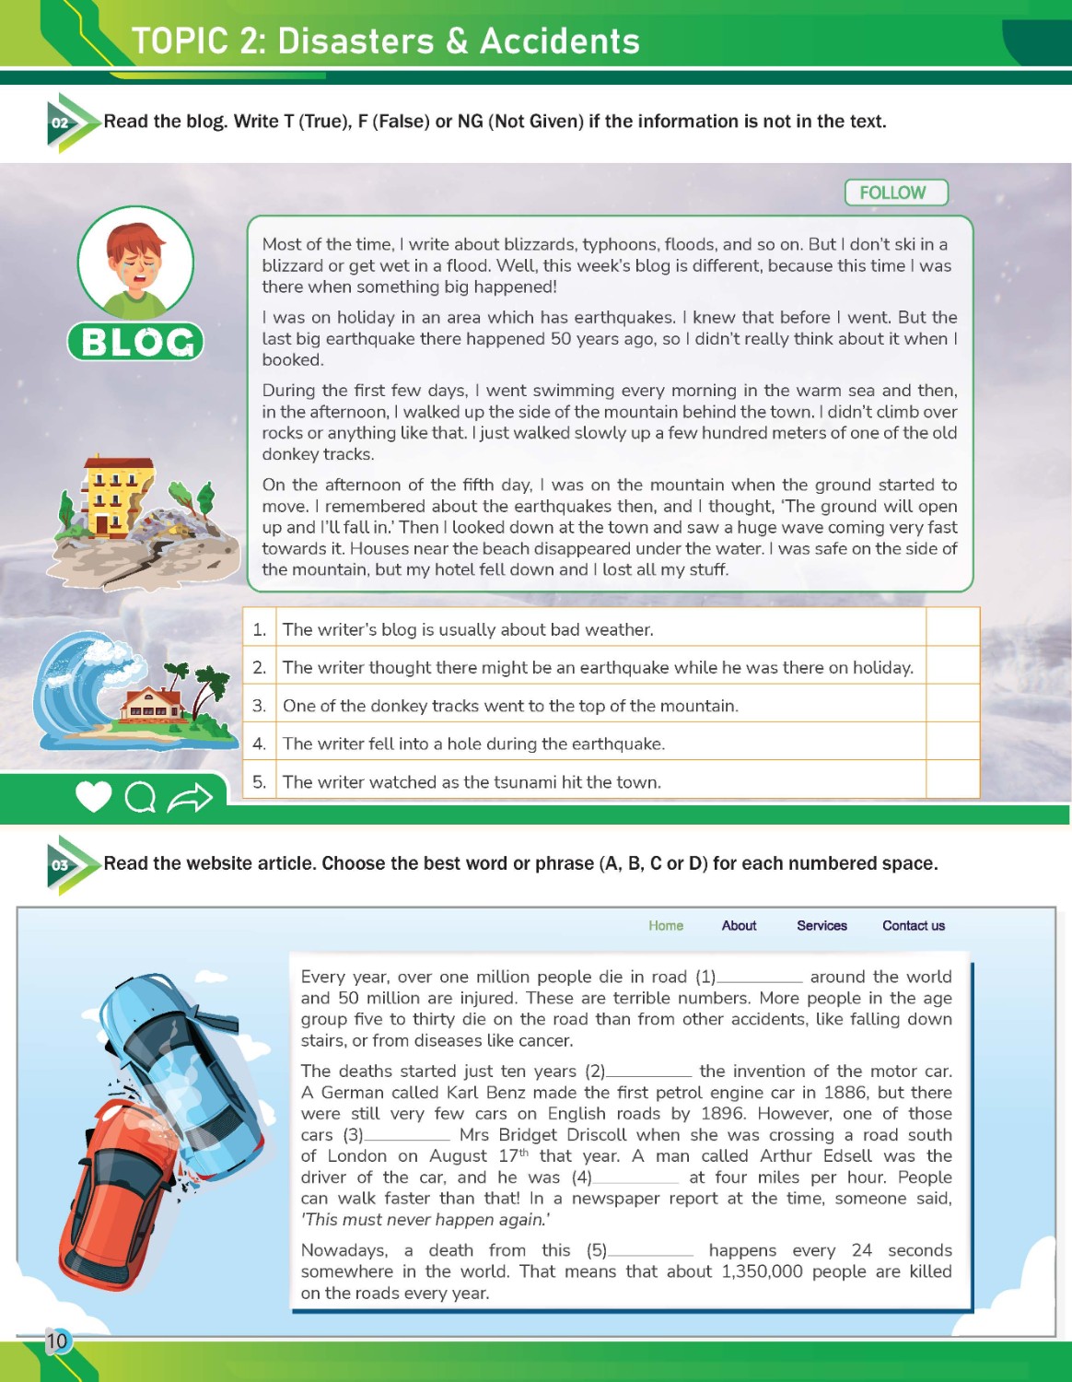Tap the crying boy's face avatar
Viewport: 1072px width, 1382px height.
(135, 264)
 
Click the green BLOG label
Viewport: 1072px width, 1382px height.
(135, 342)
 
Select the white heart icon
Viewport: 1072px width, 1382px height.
(93, 797)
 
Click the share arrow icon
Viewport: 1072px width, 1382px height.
(190, 798)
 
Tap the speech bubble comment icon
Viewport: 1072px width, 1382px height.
(140, 798)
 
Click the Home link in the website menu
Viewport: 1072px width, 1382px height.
(666, 926)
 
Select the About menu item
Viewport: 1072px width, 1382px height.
(739, 926)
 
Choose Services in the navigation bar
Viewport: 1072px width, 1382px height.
(821, 926)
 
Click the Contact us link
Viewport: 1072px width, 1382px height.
(913, 926)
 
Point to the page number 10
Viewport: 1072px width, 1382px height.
(57, 1341)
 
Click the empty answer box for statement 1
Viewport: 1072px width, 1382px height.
(951, 628)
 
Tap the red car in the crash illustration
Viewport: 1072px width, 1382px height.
(115, 1189)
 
